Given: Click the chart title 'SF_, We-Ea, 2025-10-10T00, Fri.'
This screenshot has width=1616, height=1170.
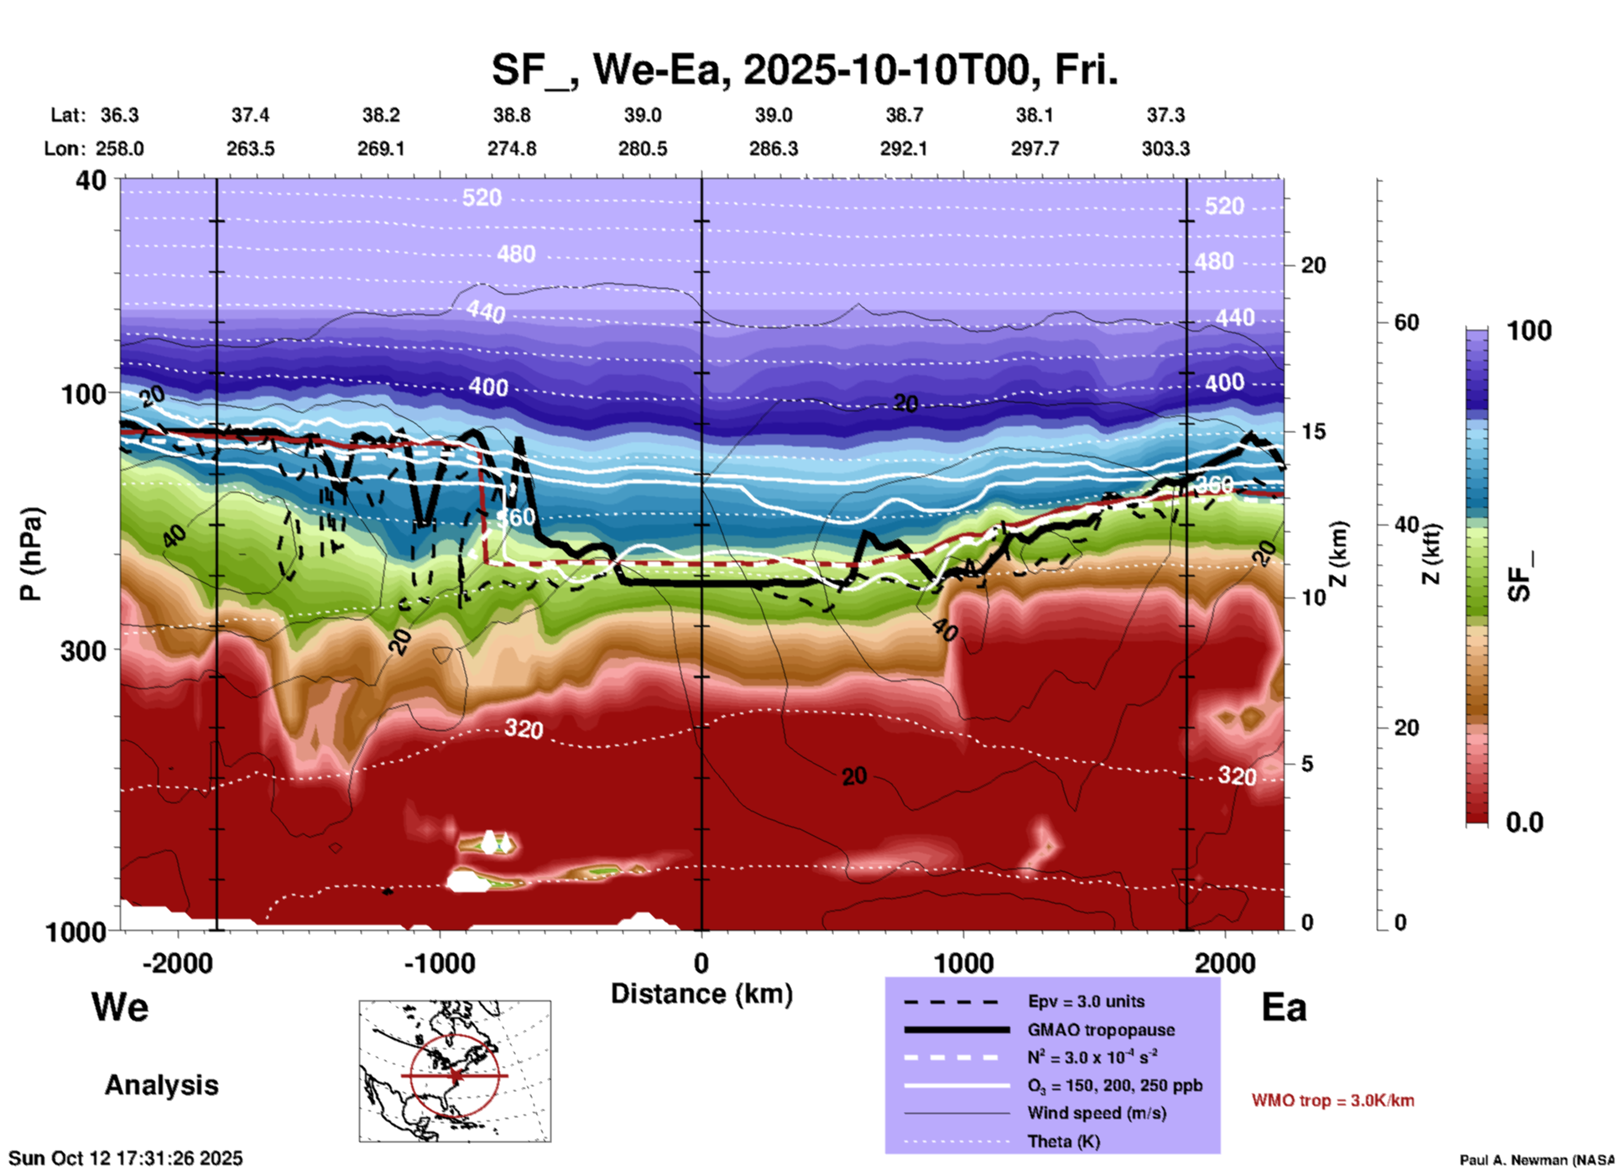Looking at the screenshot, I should [804, 70].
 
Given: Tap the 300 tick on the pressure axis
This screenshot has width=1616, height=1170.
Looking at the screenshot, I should [84, 650].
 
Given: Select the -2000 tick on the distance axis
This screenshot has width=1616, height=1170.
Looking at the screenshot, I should [177, 964].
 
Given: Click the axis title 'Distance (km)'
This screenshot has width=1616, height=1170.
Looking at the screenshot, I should [701, 994].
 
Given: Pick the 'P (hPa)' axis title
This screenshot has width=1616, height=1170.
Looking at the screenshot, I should [31, 553].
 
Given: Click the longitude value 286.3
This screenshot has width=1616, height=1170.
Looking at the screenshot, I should [773, 149].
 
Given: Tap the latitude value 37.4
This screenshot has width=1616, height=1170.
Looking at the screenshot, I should [250, 115].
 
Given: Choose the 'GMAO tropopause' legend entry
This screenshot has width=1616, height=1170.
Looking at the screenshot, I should [1101, 1030].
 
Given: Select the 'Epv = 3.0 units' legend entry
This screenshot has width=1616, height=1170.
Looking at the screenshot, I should [1086, 1001].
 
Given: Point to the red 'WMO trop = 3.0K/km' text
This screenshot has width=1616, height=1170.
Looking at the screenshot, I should [1332, 1100].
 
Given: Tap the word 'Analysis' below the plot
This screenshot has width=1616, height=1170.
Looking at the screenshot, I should [161, 1085].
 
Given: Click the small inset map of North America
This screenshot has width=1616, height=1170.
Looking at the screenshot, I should [455, 1071].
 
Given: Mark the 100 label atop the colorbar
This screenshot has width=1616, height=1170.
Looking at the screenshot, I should [1529, 331].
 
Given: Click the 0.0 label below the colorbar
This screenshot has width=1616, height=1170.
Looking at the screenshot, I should [1525, 823].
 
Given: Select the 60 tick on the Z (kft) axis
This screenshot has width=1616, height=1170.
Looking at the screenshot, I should [1406, 322].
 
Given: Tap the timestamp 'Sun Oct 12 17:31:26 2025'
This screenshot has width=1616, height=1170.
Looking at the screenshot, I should [126, 1158].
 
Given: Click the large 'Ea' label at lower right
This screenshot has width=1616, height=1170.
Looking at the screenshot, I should [1284, 1007].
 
